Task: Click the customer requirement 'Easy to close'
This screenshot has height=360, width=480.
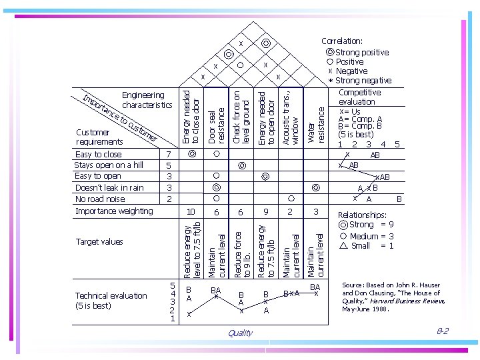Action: click(98, 155)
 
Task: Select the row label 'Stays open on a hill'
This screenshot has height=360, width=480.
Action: click(109, 165)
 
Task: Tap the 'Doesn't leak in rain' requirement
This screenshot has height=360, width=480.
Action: click(109, 187)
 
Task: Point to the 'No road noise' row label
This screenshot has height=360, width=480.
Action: click(100, 199)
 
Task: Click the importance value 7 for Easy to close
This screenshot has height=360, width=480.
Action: click(169, 155)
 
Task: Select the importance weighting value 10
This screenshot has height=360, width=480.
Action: click(191, 211)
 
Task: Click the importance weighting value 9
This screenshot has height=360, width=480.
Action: click(265, 211)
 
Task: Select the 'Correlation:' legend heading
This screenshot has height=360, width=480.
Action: click(342, 41)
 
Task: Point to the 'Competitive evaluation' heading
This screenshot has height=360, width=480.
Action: click(359, 97)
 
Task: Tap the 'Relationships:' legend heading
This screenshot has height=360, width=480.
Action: click(362, 215)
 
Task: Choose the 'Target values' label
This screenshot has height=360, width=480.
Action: click(99, 242)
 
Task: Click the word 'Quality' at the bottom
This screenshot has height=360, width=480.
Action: click(240, 333)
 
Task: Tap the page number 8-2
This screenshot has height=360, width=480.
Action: click(442, 331)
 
